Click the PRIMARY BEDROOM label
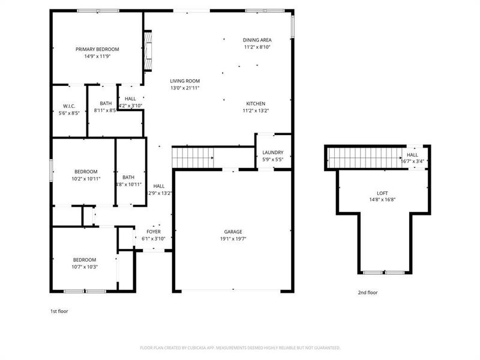(97, 49)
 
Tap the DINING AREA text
(257, 40)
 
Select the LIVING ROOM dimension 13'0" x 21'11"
(184, 88)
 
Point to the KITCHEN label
(256, 103)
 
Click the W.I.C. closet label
(68, 106)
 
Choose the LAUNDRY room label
(273, 153)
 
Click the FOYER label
(153, 232)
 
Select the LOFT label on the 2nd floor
(382, 193)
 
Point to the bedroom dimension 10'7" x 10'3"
(84, 266)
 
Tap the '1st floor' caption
(59, 311)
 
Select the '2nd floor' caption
(368, 292)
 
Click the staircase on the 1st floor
(193, 158)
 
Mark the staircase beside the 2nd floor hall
(366, 159)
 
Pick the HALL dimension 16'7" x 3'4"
(412, 161)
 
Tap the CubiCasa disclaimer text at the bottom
(240, 347)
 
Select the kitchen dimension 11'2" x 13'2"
(256, 110)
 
